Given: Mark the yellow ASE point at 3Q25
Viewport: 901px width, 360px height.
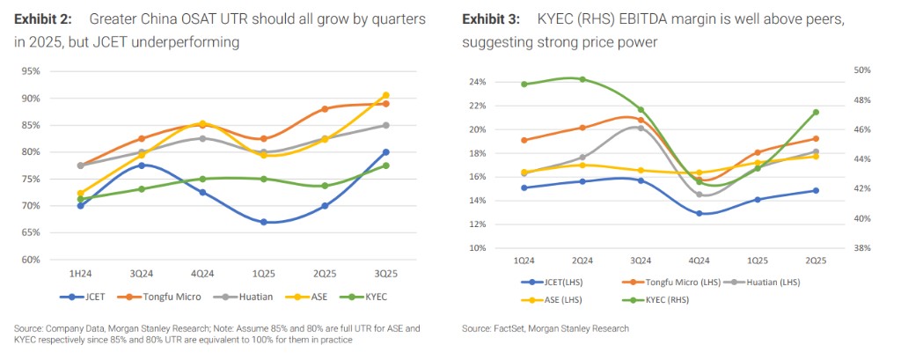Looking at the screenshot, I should (386, 95).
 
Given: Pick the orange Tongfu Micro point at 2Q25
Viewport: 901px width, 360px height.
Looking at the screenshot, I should (325, 109).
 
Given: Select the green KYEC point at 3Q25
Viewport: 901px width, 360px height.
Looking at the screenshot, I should (386, 165).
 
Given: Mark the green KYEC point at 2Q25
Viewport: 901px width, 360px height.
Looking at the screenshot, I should (816, 113).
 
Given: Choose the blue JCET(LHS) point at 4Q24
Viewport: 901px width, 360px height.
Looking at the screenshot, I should (700, 213).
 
